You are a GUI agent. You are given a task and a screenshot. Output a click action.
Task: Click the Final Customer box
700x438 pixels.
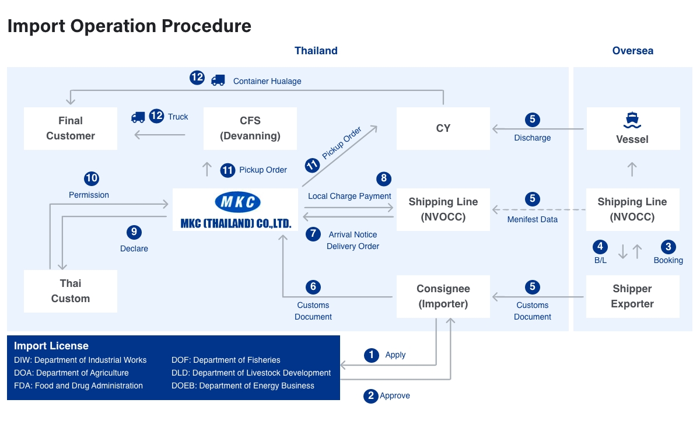[x=71, y=128]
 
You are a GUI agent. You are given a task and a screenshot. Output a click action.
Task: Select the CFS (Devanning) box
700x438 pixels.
[x=250, y=128]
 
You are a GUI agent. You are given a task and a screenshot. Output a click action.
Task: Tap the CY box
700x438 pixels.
[x=443, y=128]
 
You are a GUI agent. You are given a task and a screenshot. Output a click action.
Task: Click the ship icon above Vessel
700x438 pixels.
[x=632, y=120]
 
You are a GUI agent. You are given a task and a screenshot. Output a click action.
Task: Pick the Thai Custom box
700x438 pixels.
[x=71, y=291]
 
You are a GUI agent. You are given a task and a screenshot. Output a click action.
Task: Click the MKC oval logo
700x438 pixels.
[x=237, y=202]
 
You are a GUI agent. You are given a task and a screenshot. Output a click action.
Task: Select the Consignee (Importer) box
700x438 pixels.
[x=443, y=296]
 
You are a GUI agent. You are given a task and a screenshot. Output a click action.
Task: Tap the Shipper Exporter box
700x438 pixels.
[x=632, y=296]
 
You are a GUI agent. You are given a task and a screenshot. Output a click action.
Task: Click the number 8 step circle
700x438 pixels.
[x=383, y=178]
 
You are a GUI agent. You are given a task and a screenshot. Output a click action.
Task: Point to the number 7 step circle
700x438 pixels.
[x=313, y=234]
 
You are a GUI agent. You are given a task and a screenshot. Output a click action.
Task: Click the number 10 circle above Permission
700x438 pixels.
[x=92, y=178]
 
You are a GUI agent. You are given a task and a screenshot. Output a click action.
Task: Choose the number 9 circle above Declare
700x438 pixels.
[x=134, y=232]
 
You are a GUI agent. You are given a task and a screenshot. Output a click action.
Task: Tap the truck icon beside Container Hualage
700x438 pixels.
[x=218, y=80]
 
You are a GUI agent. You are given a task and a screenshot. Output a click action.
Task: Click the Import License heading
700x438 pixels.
[x=51, y=346]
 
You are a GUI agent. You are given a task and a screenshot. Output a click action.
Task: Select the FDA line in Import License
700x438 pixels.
[x=78, y=386]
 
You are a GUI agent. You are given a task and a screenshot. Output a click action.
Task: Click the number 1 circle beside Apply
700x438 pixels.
[x=371, y=355]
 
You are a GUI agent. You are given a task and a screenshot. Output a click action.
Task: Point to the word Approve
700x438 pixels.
[x=395, y=396]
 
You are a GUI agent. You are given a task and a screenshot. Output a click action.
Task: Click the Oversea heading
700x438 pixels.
[x=632, y=51]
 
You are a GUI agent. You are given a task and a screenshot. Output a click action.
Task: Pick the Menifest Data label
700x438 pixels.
[x=532, y=219]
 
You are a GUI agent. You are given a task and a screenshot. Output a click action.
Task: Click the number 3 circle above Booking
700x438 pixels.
[x=668, y=246]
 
